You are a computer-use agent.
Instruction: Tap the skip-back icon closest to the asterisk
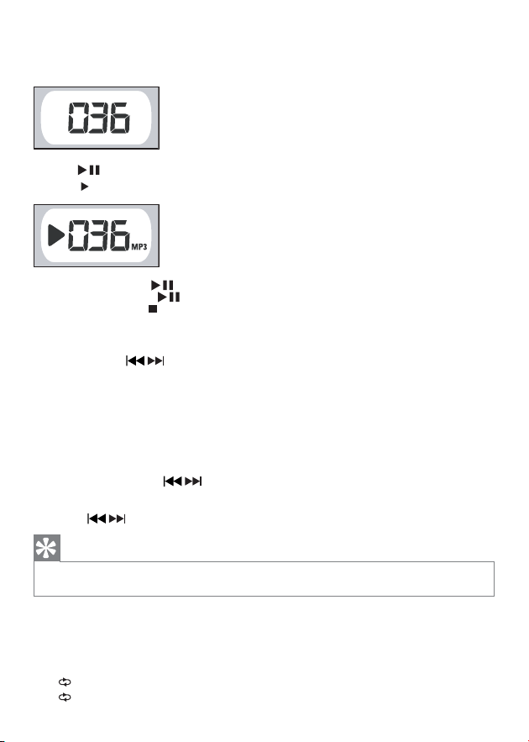point(95,520)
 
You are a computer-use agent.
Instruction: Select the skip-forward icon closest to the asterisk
point(117,520)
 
